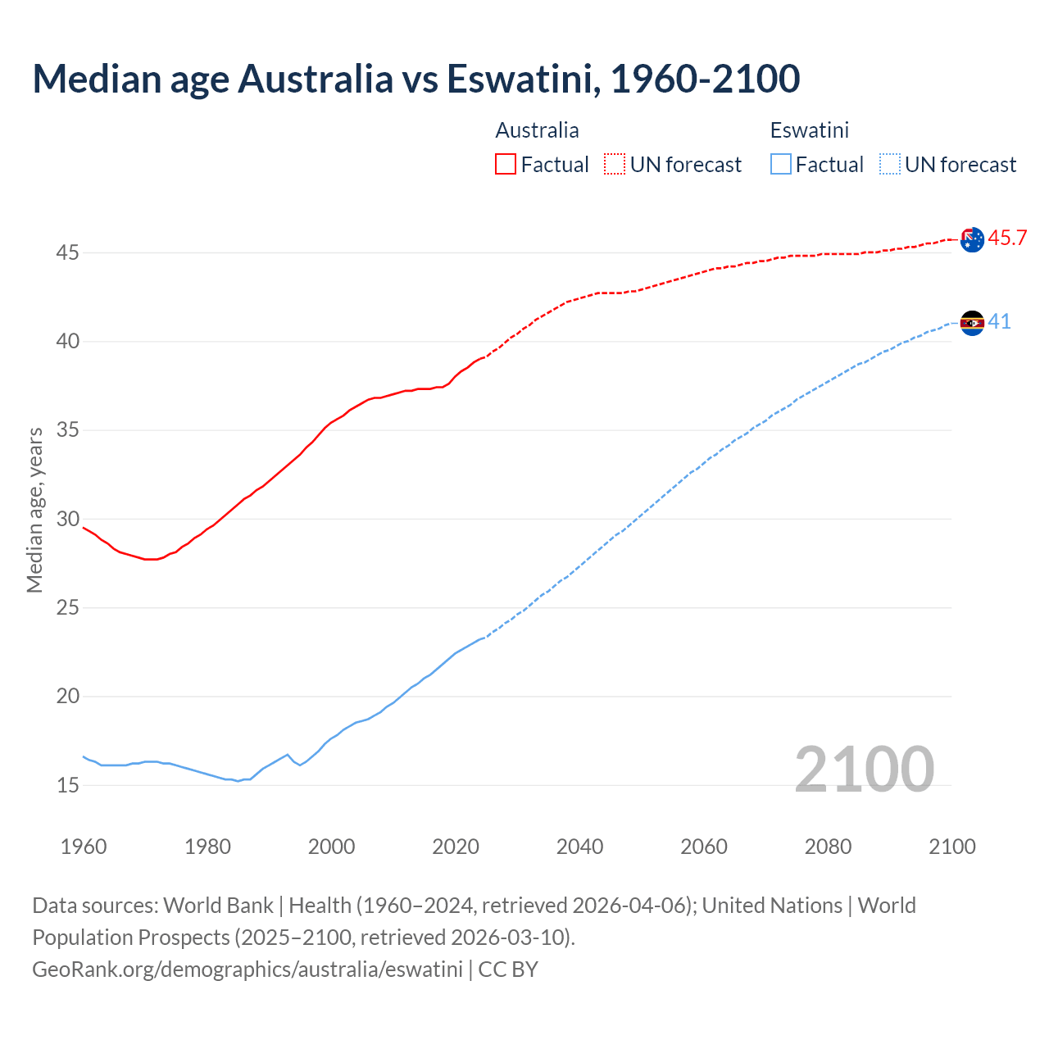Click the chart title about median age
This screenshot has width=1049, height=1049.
coord(416,79)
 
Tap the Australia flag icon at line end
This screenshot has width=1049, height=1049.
coord(972,239)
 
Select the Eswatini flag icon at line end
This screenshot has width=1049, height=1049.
coord(972,323)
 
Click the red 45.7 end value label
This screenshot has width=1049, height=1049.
coord(1007,238)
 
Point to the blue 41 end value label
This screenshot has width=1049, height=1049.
coord(999,321)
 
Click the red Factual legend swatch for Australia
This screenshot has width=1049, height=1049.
coord(506,164)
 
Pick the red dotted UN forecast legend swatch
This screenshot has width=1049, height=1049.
coord(615,164)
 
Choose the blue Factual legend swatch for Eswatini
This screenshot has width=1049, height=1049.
coord(781,164)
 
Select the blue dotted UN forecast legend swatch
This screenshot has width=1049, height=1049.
coord(890,164)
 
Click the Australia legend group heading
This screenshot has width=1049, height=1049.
coord(537,130)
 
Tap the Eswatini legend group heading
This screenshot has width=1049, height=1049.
coord(809,130)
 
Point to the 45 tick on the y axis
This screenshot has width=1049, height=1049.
coord(67,252)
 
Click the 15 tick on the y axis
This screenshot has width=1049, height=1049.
coord(67,785)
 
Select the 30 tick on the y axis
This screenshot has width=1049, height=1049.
coord(67,519)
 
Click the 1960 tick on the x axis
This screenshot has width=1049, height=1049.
coord(84,847)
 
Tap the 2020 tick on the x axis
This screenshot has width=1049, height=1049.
coord(456,847)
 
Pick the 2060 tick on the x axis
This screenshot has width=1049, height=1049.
coord(704,847)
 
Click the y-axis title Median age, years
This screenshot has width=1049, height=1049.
coord(34,510)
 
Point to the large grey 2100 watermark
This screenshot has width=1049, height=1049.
coord(864,770)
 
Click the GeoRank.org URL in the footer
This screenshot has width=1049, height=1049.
coord(247,969)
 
